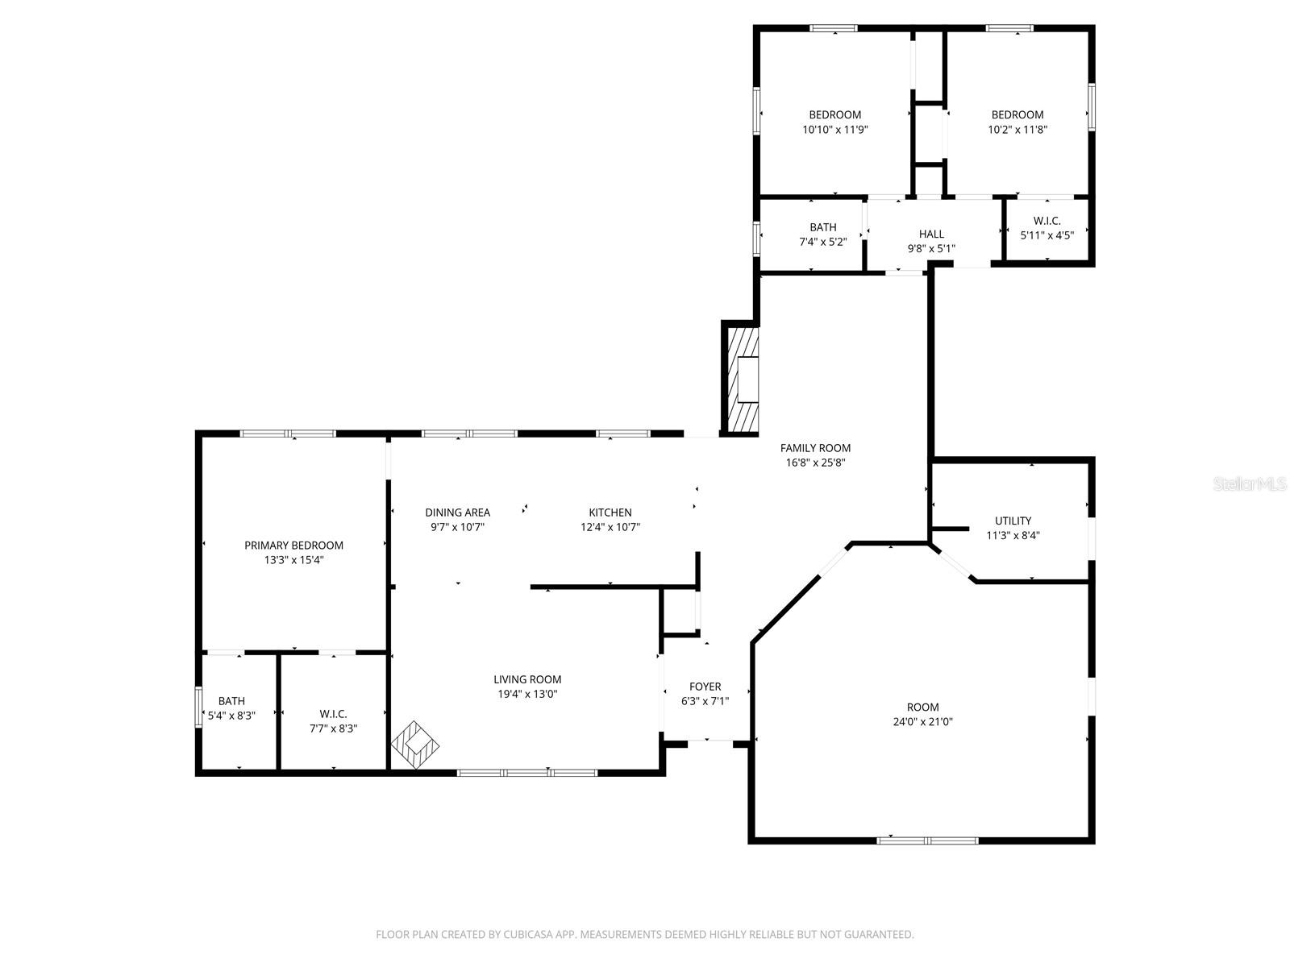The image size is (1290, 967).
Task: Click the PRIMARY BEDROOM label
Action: point(293,546)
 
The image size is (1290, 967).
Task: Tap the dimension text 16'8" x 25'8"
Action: point(815,463)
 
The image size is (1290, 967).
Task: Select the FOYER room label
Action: point(705,687)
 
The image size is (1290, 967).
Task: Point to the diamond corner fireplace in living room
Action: point(416,745)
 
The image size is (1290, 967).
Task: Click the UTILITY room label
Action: point(1013,521)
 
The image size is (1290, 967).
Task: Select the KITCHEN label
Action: point(610,513)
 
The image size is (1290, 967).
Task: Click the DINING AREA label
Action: point(457,513)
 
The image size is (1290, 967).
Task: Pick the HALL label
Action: point(931,234)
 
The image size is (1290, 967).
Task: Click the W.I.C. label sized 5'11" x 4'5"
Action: point(1047,221)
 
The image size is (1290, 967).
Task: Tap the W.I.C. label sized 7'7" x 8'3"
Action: point(333,714)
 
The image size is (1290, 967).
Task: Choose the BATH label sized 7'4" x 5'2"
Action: point(823,227)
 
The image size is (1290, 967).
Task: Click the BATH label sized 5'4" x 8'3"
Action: point(231,701)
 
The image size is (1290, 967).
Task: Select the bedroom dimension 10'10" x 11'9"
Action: point(834,129)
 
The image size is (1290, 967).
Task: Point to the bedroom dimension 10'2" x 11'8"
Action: point(1017,129)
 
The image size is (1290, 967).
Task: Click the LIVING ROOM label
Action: point(527,679)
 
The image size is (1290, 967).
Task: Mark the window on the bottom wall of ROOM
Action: point(927,840)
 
